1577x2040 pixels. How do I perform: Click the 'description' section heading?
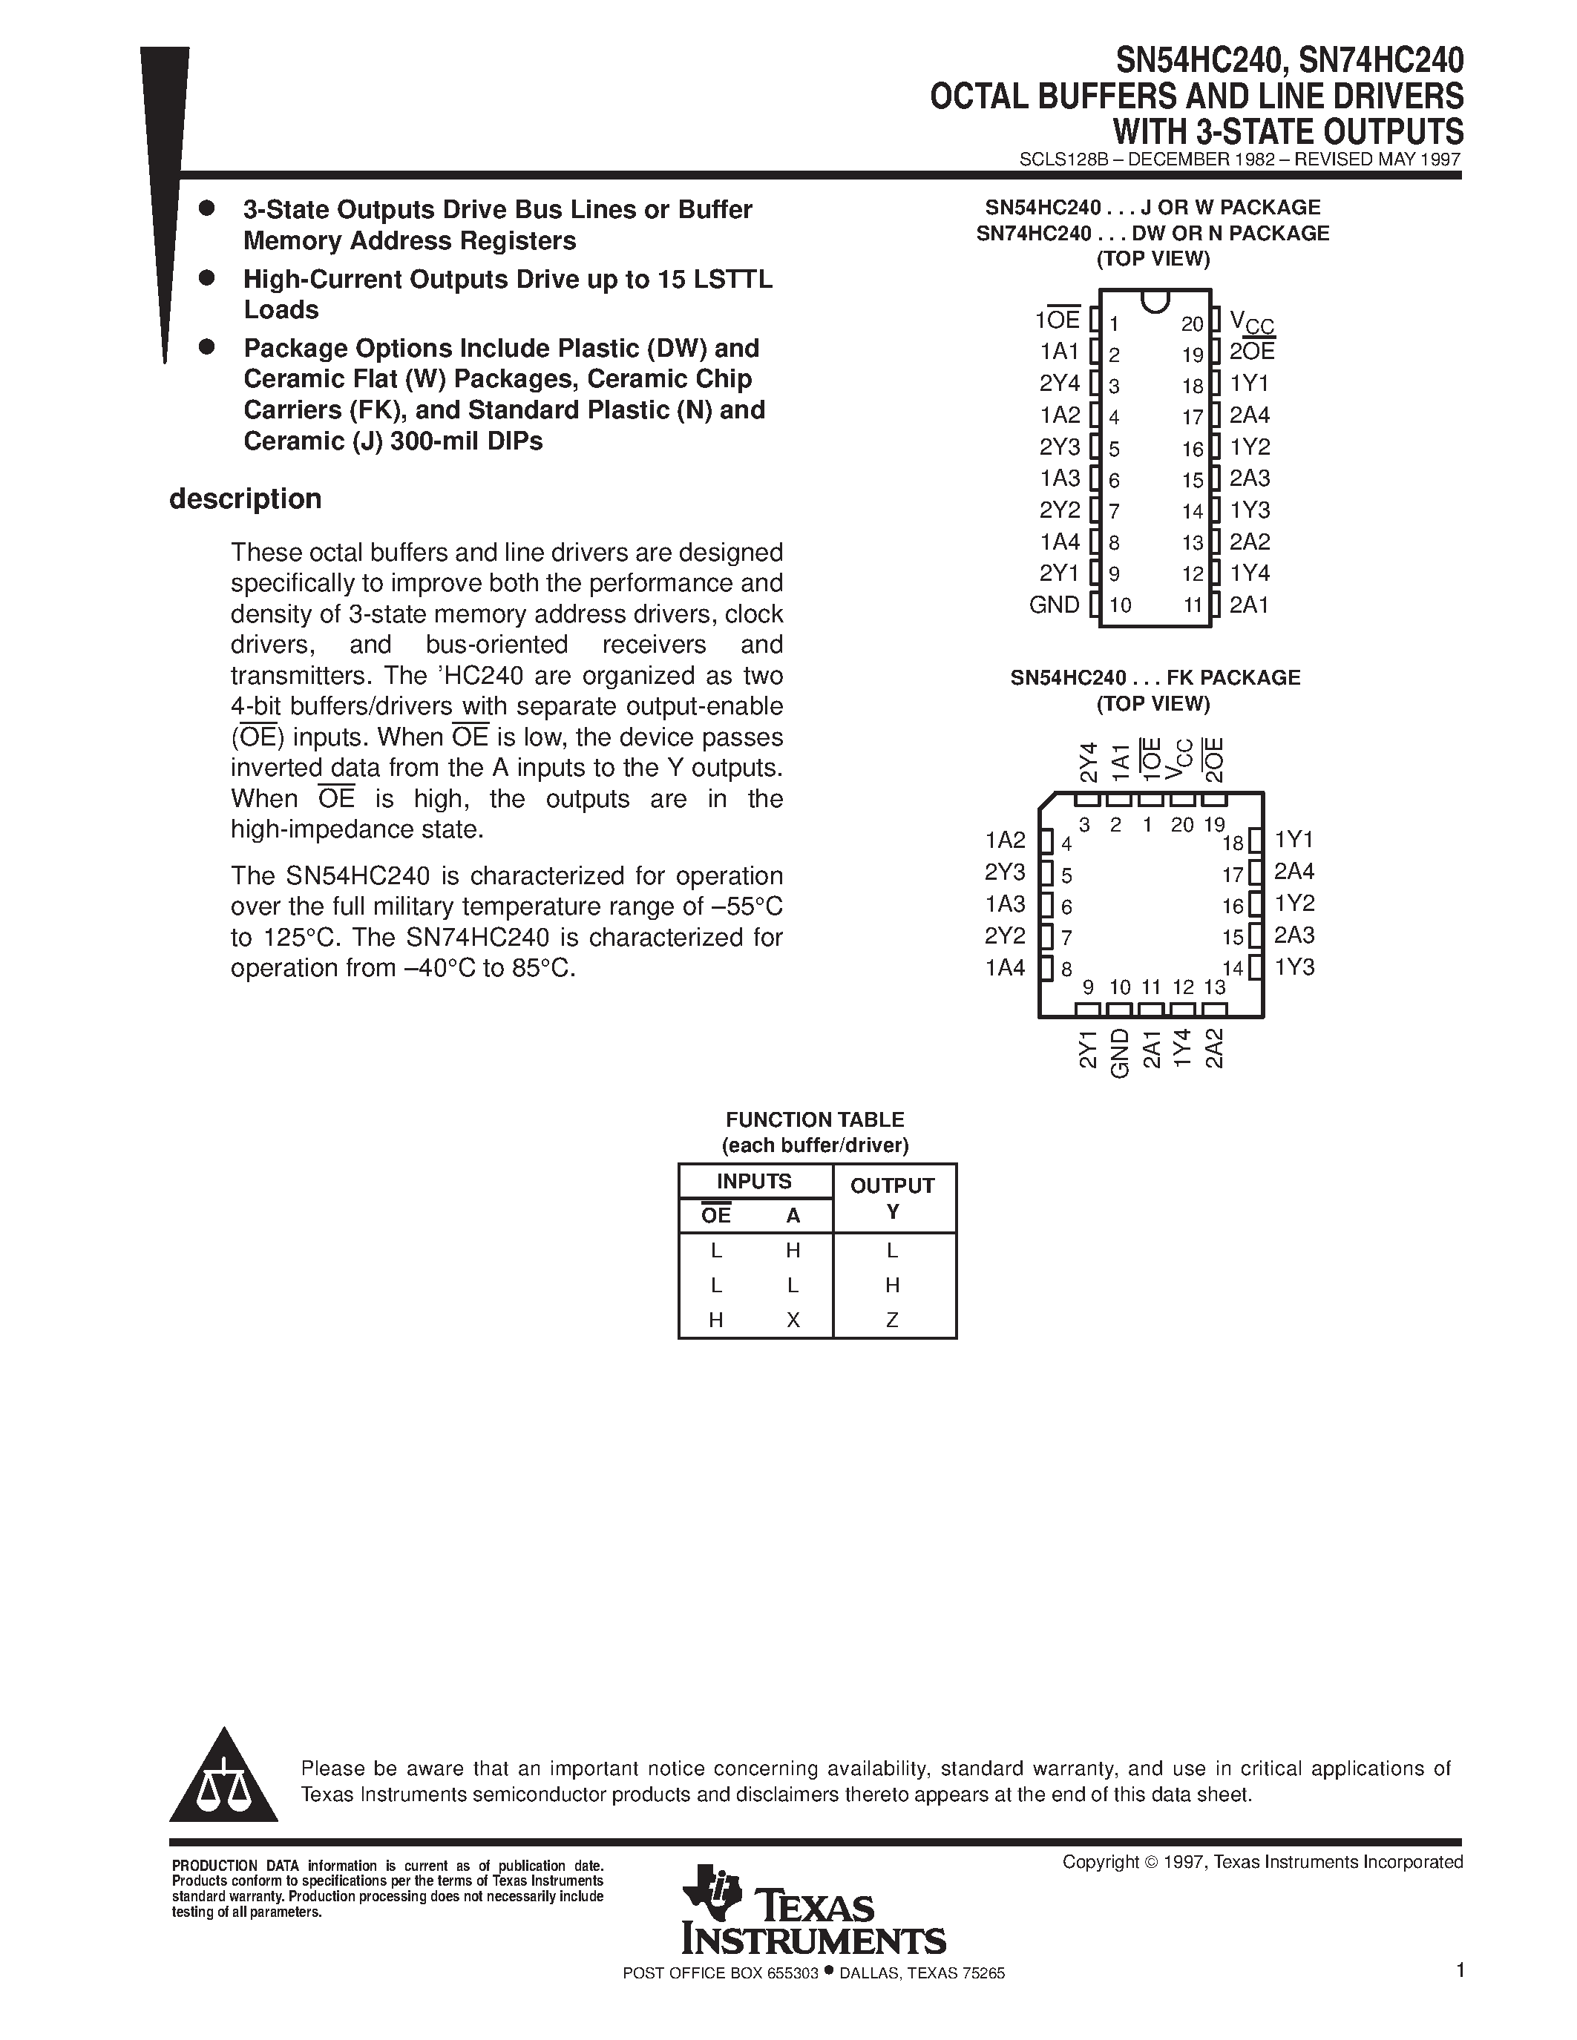[245, 499]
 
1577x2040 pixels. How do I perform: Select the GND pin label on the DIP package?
[1054, 605]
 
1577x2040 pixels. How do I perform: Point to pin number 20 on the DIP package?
[1192, 324]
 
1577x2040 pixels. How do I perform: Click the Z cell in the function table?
[892, 1320]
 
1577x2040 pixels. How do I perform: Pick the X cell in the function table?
[793, 1320]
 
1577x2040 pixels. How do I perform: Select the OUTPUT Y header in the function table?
[892, 1197]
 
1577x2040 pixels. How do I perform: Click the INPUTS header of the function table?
[754, 1181]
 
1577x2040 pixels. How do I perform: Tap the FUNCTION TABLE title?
[815, 1119]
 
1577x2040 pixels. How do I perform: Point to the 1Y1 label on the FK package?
[1294, 840]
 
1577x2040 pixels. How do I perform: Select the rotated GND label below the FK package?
[1119, 1053]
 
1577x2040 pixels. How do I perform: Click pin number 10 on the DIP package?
[1119, 605]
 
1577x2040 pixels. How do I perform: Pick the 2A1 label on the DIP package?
[1249, 605]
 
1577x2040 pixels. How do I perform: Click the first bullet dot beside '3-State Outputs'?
[207, 208]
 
